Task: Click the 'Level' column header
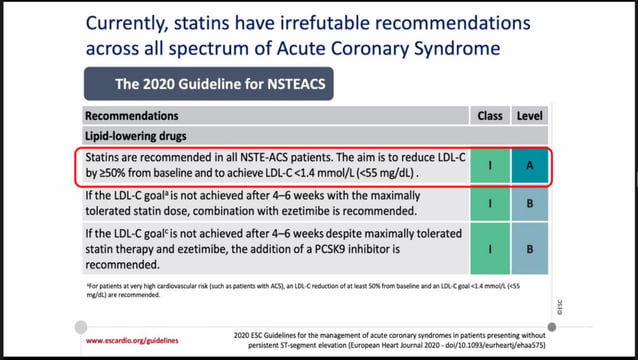(x=542, y=116)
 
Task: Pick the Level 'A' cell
(x=542, y=167)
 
